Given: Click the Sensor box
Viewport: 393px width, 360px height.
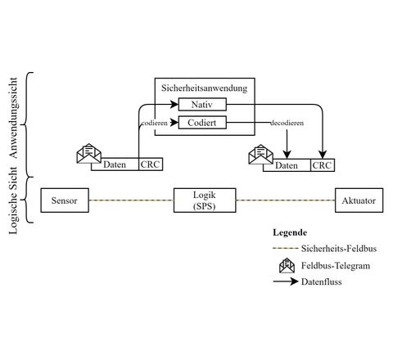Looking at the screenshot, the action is tap(65, 200).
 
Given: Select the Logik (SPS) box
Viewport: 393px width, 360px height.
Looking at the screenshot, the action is tap(205, 200).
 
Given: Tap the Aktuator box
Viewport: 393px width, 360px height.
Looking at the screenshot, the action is tap(359, 200).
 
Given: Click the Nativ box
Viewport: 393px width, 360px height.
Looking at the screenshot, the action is tap(202, 104).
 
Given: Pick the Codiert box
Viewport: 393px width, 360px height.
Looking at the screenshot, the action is tap(202, 123).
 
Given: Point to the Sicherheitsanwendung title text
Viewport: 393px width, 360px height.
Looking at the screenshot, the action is tap(205, 88).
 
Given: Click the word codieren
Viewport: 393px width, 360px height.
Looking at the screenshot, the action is tap(155, 123).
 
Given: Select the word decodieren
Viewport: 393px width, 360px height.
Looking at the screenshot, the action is tap(287, 123).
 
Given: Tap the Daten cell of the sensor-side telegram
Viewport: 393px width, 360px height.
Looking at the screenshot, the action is tap(115, 164).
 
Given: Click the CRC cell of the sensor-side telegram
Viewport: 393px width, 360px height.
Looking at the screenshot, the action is tap(151, 164).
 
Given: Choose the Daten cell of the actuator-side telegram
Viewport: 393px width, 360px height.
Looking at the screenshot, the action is tap(287, 165).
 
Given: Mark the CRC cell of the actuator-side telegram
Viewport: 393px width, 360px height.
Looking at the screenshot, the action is tap(323, 165).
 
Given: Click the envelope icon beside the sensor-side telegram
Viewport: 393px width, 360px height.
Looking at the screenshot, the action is tap(88, 154).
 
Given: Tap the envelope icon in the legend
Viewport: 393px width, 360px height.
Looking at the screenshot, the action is tap(287, 265).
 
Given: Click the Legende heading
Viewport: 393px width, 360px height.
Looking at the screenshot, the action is tap(290, 232).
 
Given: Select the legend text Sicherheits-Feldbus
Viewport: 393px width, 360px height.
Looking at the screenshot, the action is tap(339, 249).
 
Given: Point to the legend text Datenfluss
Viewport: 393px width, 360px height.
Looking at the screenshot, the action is tap(322, 281).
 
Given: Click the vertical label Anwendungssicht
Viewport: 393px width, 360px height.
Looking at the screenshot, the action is tap(13, 118).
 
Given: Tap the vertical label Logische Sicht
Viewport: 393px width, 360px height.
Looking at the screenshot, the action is tap(13, 200).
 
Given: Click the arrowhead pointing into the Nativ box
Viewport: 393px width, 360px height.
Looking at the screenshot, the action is tap(174, 104).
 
